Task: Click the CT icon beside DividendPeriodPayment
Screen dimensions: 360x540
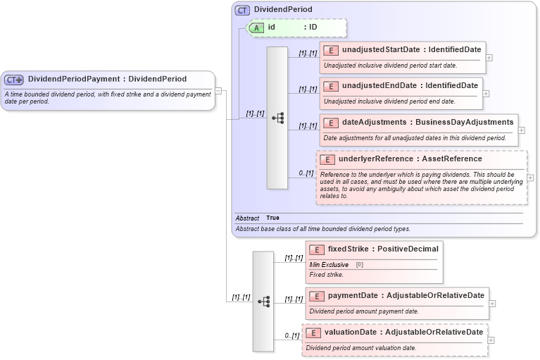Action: click(14, 80)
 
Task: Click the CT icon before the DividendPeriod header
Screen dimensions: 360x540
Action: click(243, 10)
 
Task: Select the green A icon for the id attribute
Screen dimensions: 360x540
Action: click(258, 27)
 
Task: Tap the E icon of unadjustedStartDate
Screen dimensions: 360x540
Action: click(331, 50)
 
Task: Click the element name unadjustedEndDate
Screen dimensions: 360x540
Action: click(380, 85)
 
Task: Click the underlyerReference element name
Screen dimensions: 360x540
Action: click(375, 159)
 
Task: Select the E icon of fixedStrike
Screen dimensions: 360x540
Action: click(317, 249)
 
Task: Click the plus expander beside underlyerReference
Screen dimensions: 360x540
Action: click(530, 178)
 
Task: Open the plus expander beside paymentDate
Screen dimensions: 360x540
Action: click(492, 303)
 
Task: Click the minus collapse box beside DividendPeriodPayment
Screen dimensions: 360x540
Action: click(219, 90)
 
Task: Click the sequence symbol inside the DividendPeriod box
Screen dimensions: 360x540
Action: click(277, 118)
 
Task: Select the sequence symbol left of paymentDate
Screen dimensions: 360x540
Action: click(263, 301)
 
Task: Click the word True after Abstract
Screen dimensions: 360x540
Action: click(272, 218)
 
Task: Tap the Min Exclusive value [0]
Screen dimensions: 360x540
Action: click(359, 264)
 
